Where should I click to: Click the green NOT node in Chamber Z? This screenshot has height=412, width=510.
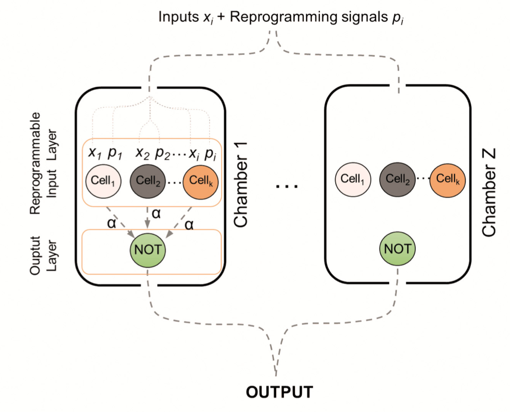[398, 249]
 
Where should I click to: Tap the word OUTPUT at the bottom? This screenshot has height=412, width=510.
[279, 392]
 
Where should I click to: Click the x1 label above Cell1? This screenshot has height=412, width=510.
[94, 154]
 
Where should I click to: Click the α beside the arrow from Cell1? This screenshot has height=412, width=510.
[111, 223]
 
